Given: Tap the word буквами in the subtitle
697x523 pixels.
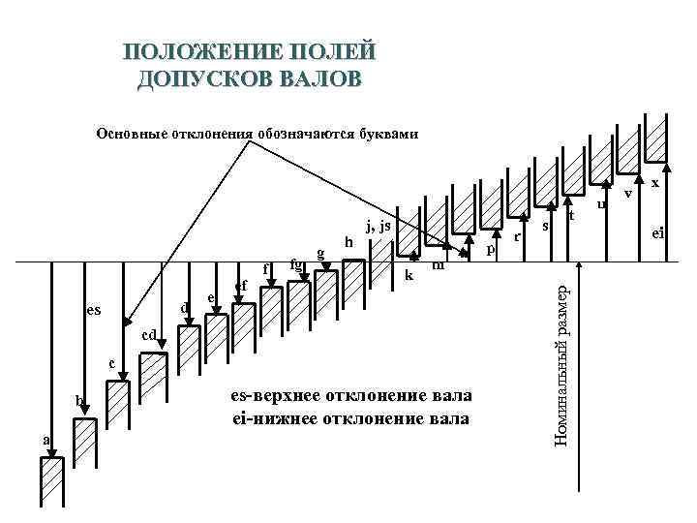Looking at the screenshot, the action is [x=387, y=134].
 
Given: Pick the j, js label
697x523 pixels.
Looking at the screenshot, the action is [x=378, y=226].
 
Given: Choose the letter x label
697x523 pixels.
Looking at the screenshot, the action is [x=655, y=182].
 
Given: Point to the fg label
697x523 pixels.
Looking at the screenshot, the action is [x=297, y=261].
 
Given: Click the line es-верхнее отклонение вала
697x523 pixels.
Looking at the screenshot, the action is [x=352, y=396].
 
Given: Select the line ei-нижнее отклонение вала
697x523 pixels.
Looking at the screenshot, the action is [x=349, y=418].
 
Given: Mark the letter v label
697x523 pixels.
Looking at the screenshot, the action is [x=628, y=194].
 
